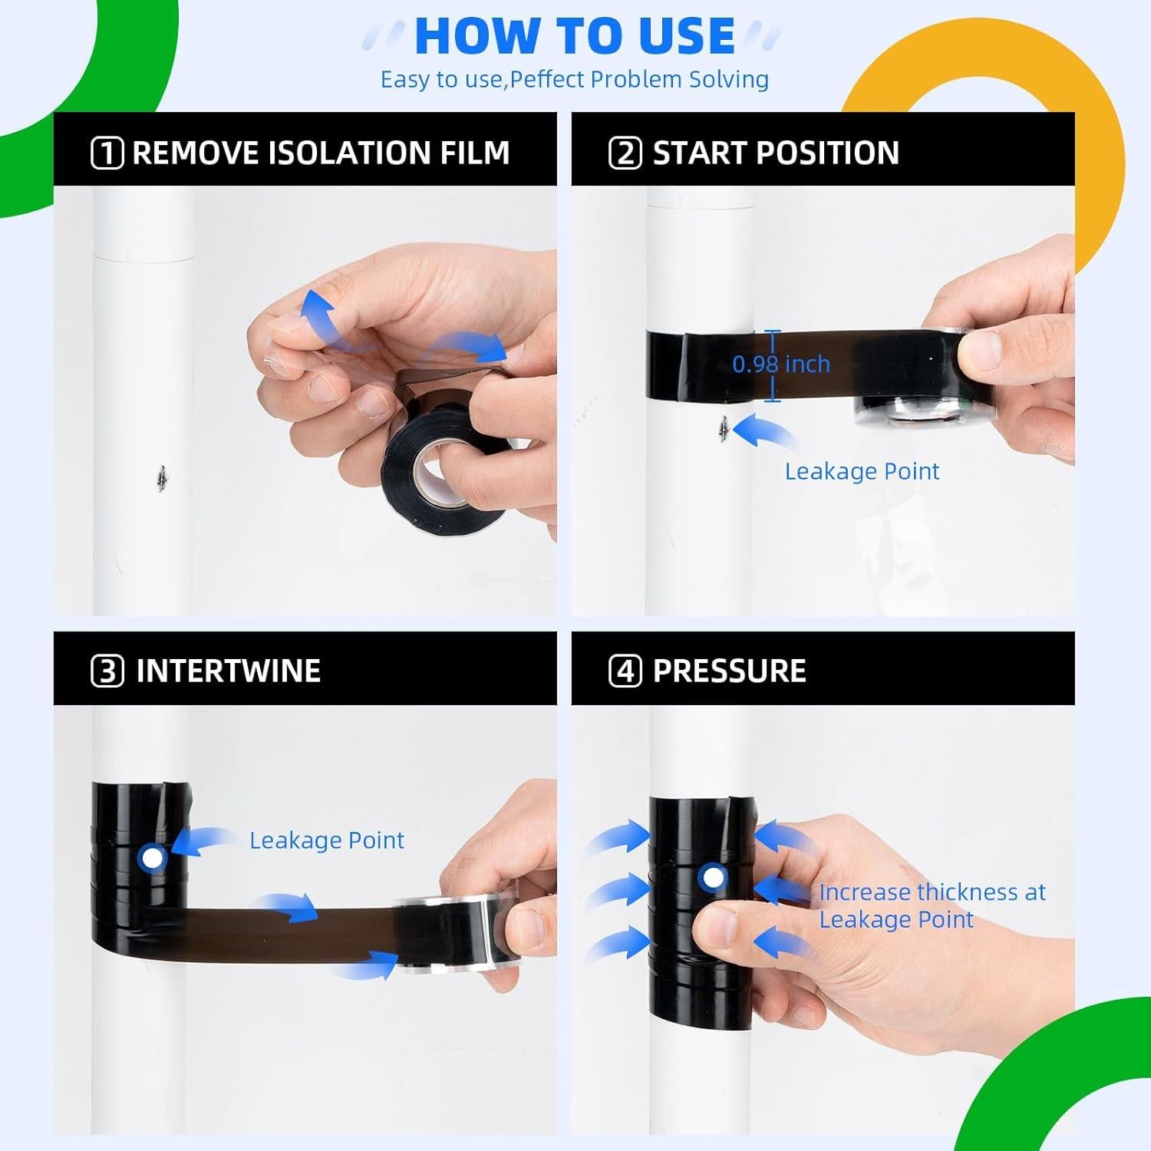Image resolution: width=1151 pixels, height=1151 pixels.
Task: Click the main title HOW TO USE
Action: point(575,35)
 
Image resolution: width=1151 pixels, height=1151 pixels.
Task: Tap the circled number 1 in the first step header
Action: point(107,153)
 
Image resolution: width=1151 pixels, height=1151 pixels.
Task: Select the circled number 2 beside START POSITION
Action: point(625,153)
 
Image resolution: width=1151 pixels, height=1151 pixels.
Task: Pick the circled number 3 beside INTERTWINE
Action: point(107,671)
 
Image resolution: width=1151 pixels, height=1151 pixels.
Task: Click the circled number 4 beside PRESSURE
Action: point(625,671)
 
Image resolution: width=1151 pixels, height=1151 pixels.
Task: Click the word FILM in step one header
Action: point(475,153)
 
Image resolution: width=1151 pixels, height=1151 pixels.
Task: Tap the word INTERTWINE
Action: point(228,671)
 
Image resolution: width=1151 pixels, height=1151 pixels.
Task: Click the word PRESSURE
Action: point(729,671)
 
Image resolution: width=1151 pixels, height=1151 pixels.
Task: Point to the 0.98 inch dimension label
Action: point(781,364)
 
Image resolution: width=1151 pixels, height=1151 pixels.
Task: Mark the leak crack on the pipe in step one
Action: point(161,478)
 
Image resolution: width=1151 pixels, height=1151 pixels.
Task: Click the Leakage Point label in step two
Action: point(862,471)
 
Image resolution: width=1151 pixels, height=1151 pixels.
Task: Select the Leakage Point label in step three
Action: point(327,840)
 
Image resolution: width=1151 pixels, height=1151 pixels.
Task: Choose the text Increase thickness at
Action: point(932,892)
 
